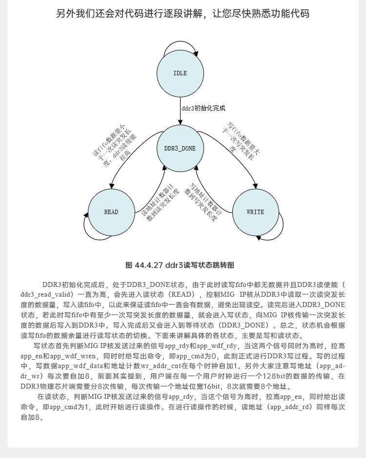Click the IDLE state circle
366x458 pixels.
coord(180,73)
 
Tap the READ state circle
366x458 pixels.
coord(111,212)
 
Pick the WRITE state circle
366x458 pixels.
coord(255,212)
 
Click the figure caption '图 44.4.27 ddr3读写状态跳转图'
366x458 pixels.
coord(180,265)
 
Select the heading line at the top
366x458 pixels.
coord(183,14)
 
